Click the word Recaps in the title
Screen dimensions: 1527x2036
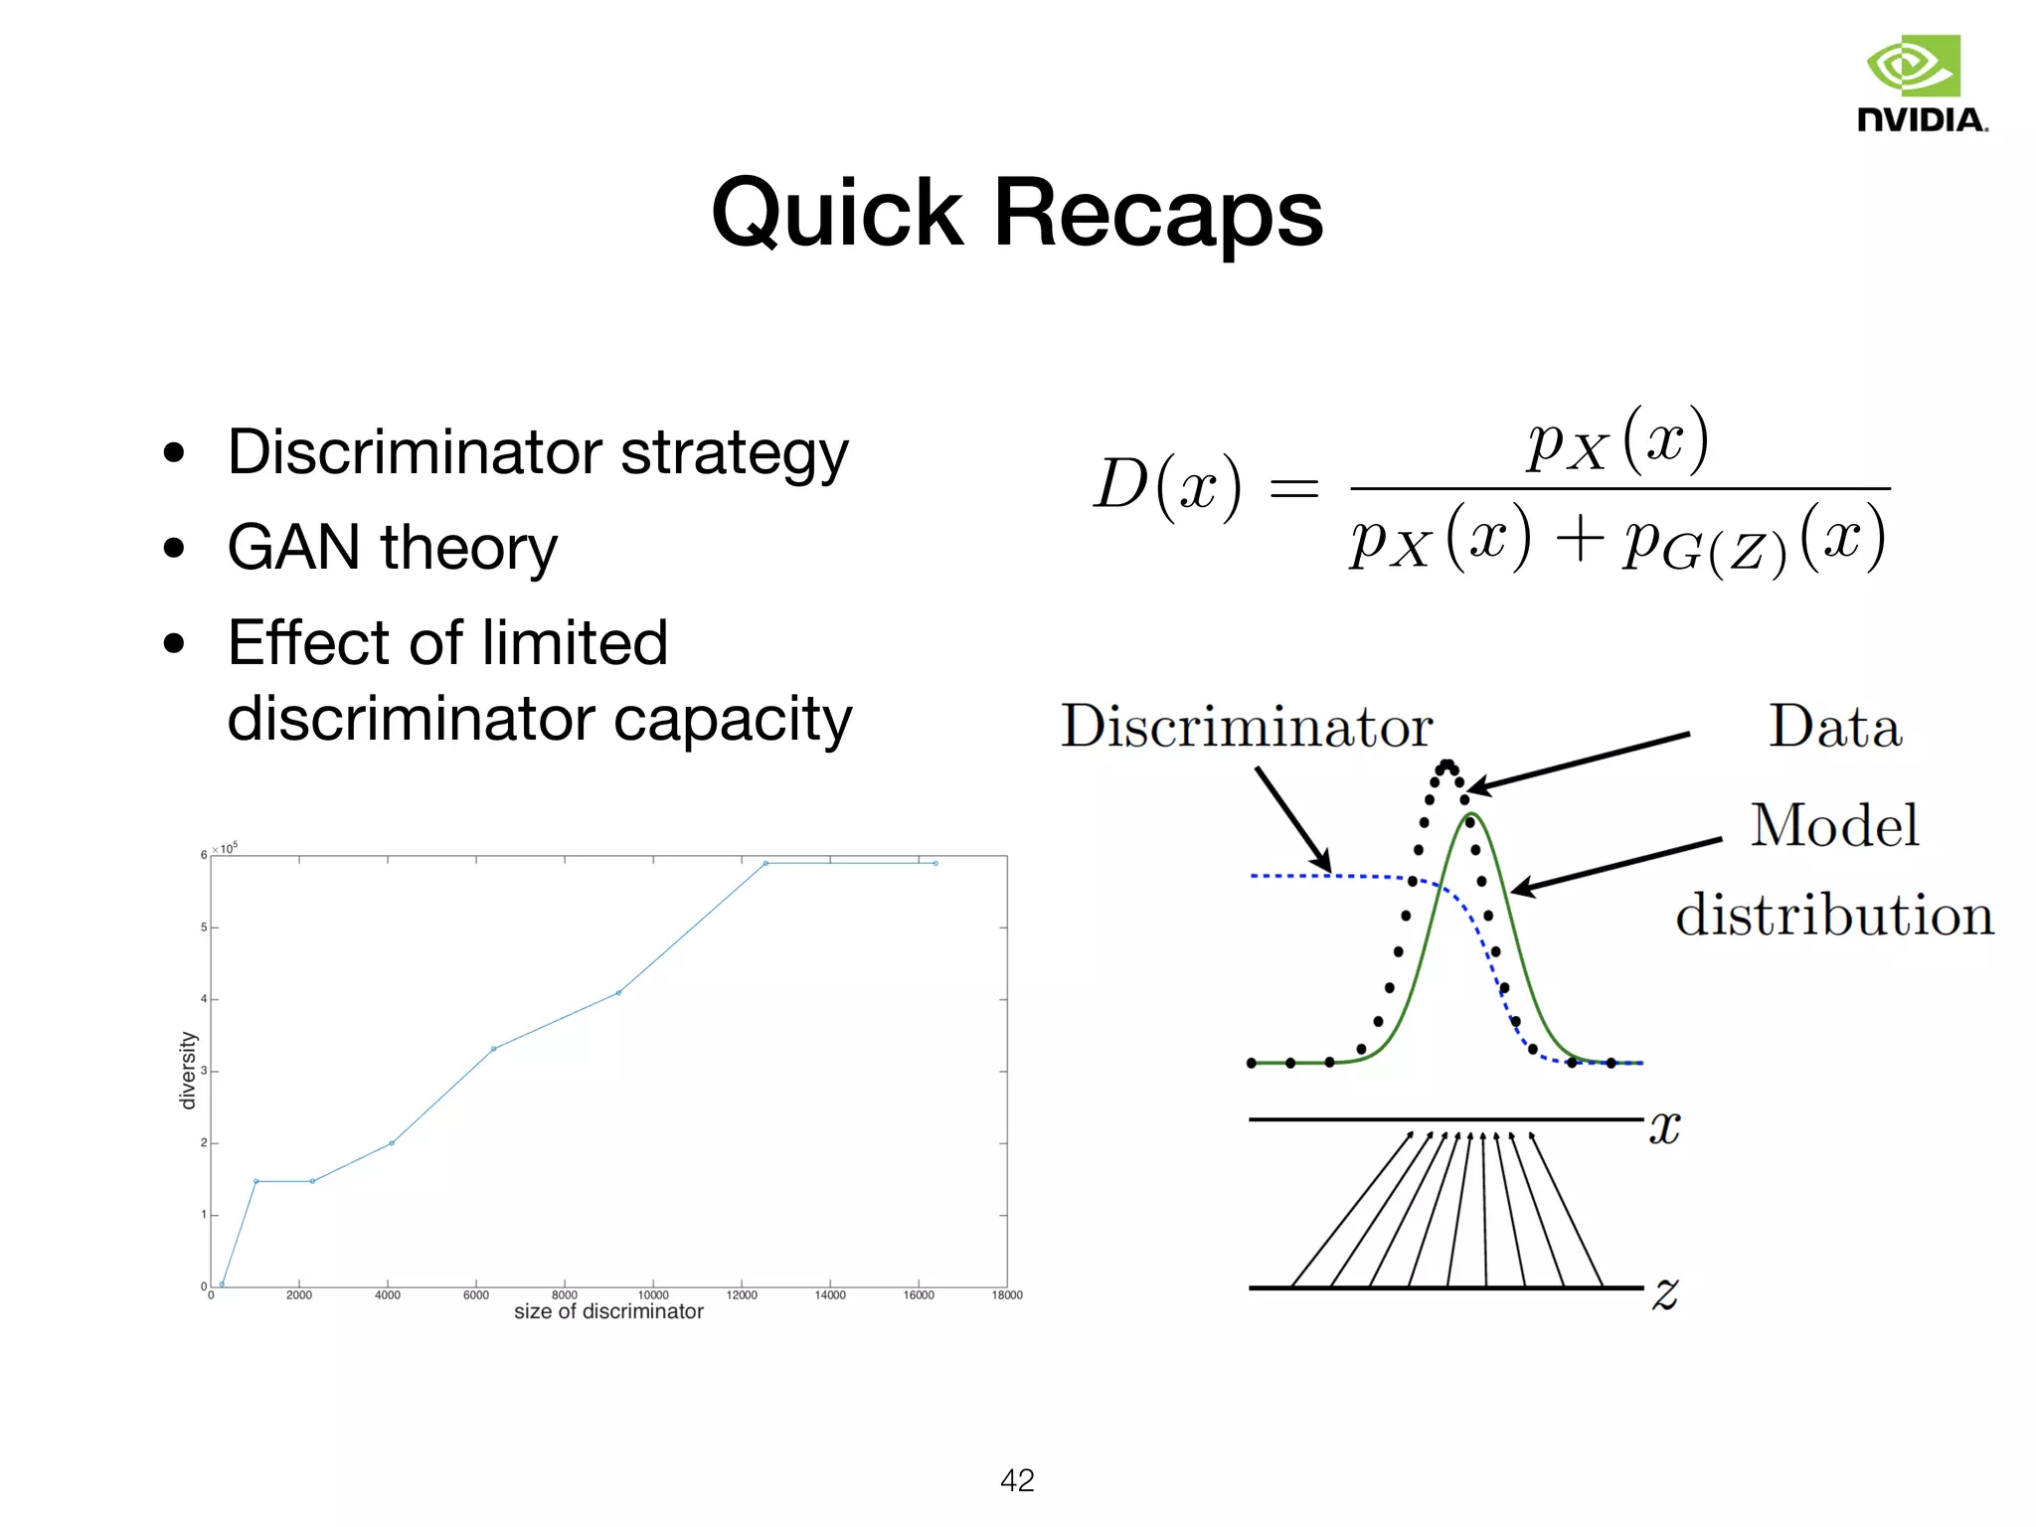tap(1158, 212)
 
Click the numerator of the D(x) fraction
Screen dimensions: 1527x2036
tap(1618, 440)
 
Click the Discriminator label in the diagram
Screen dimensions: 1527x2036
tap(1247, 726)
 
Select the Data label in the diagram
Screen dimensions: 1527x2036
tap(1835, 726)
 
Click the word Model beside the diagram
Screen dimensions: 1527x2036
tap(1835, 825)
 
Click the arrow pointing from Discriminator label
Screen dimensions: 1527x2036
tap(1292, 819)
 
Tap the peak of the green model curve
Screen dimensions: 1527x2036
tap(1472, 815)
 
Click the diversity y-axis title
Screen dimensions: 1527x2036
tap(187, 1070)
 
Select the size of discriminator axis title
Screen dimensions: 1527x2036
tap(608, 1312)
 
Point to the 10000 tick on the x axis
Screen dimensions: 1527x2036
tap(653, 1295)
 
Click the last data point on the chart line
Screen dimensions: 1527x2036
tap(935, 863)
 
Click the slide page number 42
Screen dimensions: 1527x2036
tap(1017, 1480)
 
